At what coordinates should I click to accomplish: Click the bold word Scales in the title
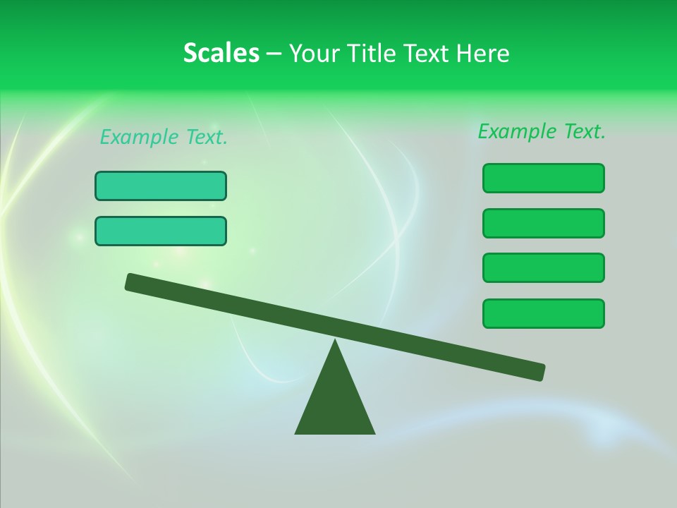[x=221, y=53]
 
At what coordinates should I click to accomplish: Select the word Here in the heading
[x=483, y=53]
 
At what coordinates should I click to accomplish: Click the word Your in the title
[x=312, y=53]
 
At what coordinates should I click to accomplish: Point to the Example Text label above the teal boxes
[x=164, y=137]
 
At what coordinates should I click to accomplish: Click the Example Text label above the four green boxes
[x=542, y=131]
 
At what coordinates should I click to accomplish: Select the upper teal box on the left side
[x=161, y=186]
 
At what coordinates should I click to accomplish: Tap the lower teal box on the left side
[x=161, y=231]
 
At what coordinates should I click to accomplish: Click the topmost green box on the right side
[x=543, y=178]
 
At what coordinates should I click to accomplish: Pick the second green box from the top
[x=543, y=223]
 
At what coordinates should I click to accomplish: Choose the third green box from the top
[x=543, y=267]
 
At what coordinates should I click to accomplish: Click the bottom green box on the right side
[x=543, y=313]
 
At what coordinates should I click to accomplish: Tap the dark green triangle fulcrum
[x=335, y=402]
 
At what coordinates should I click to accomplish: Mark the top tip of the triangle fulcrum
[x=335, y=341]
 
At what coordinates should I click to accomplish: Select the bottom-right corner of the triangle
[x=373, y=433]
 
